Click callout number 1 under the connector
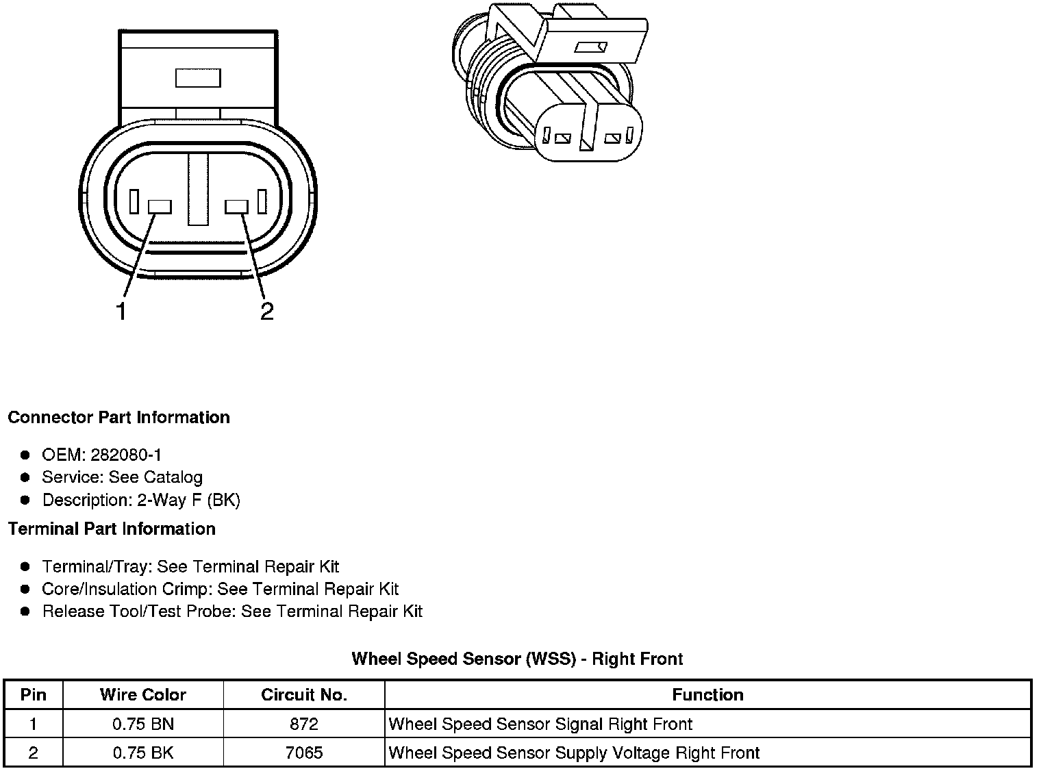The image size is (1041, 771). click(x=121, y=312)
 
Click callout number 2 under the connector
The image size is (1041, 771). click(x=266, y=312)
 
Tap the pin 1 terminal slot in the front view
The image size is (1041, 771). click(x=160, y=207)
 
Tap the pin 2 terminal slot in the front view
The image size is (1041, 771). click(x=237, y=207)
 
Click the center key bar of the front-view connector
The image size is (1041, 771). click(x=199, y=189)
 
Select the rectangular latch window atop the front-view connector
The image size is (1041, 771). click(x=198, y=78)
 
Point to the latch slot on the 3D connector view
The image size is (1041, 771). click(x=591, y=47)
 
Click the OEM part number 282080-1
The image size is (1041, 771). click(x=126, y=455)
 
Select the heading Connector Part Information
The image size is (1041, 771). click(x=118, y=418)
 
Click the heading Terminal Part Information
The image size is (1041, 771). click(x=112, y=529)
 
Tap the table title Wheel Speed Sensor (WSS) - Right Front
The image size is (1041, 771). click(x=517, y=659)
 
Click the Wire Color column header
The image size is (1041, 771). click(x=142, y=695)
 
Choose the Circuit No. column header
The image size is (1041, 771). click(x=304, y=695)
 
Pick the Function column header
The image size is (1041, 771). click(x=707, y=695)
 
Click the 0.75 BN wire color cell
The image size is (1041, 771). click(x=142, y=724)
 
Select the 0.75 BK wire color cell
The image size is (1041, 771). click(x=142, y=753)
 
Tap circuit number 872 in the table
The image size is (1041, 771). click(x=304, y=724)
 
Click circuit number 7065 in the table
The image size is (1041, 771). click(x=304, y=753)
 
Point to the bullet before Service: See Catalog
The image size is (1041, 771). click(x=25, y=477)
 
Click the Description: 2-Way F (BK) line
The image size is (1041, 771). click(x=141, y=500)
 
